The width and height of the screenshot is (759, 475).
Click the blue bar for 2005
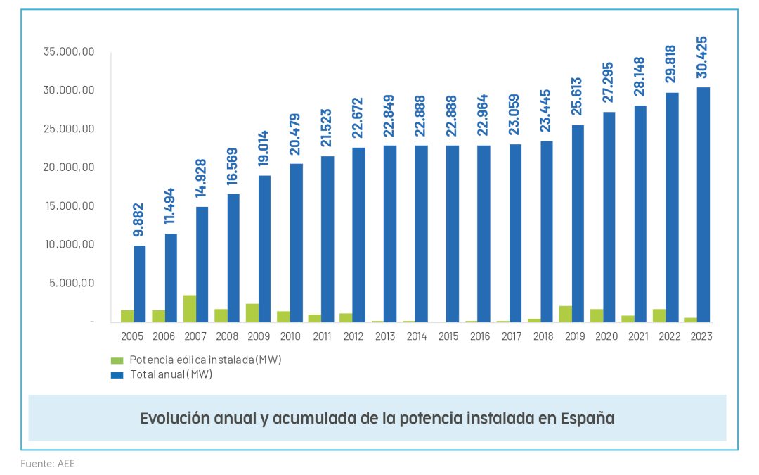140,284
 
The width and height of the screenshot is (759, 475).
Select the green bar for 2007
189,309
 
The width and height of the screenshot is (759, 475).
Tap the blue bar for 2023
703,205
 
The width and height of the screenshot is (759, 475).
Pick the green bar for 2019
565,314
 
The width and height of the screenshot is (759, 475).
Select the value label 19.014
264,146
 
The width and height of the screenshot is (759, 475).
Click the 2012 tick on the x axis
353,336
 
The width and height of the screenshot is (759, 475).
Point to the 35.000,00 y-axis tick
67,52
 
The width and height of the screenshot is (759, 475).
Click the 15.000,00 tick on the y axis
67,206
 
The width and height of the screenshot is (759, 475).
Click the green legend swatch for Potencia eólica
117,360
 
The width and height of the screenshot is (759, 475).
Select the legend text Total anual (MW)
171,374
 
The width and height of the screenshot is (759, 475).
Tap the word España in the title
588,418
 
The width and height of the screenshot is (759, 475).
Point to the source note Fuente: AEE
48,464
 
